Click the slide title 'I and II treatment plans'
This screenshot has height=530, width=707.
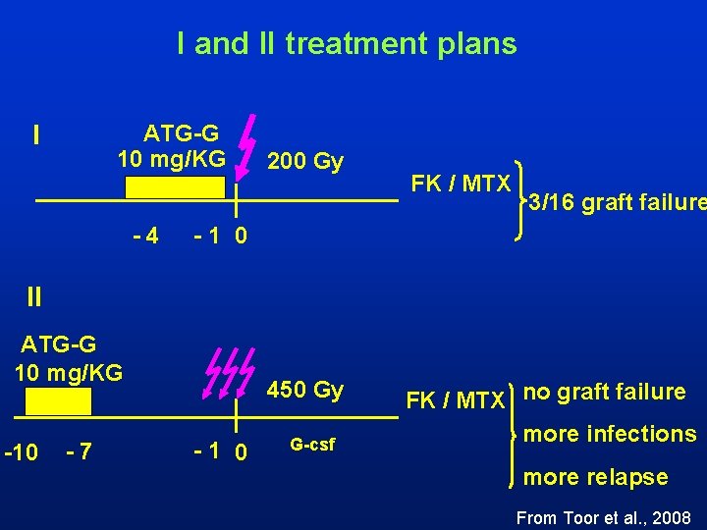click(346, 43)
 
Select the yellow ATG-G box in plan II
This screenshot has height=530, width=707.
click(58, 400)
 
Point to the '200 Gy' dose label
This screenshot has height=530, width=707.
click(305, 160)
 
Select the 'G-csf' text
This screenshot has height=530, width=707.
click(312, 445)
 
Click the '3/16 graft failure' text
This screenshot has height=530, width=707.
click(617, 204)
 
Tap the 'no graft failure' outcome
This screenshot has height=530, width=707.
click(604, 392)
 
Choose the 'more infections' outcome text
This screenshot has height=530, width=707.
click(610, 434)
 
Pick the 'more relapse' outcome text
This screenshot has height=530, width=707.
click(596, 477)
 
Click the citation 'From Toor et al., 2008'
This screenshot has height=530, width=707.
click(603, 517)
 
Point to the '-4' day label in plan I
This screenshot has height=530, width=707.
click(146, 237)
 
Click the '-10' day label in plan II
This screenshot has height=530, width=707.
click(22, 452)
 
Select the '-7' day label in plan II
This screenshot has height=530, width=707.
click(79, 452)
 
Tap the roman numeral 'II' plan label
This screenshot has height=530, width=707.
click(34, 293)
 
